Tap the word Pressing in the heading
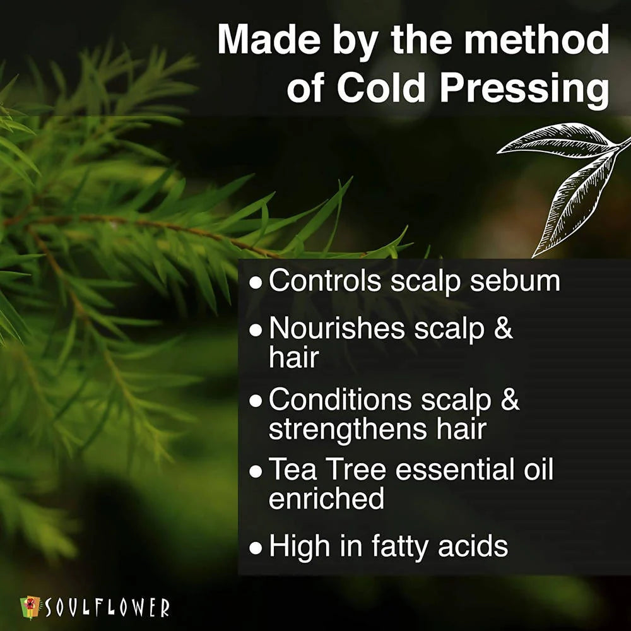(524, 88)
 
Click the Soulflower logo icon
(31, 607)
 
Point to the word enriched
(326, 498)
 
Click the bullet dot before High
(255, 548)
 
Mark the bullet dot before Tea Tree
(255, 472)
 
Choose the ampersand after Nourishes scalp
(503, 329)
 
